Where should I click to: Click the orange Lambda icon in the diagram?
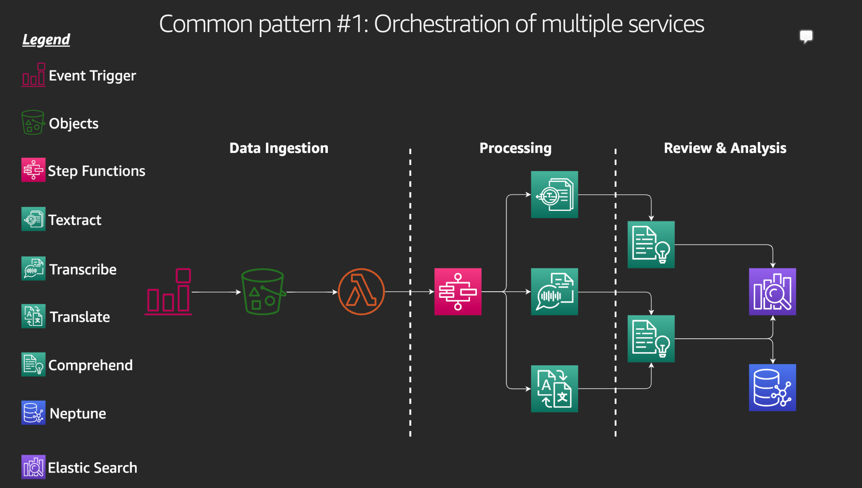[361, 292]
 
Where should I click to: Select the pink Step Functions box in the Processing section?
[458, 292]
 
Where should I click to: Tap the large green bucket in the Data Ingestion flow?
[263, 292]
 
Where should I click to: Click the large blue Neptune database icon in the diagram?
[772, 387]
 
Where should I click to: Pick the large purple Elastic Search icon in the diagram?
[772, 292]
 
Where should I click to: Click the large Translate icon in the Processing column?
[554, 389]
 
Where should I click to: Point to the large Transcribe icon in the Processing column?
[554, 292]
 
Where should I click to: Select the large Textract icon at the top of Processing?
[554, 194]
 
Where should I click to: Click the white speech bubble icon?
[806, 36]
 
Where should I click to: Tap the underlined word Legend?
[46, 40]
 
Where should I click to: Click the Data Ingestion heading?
[279, 148]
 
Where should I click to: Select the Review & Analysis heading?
[725, 148]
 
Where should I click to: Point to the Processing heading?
[516, 148]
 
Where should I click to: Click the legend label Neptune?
[78, 413]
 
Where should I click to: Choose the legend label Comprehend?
[90, 365]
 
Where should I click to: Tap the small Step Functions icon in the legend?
[34, 170]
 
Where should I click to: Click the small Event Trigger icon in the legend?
[34, 75]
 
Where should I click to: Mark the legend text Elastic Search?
[93, 468]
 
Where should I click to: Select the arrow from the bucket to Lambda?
[312, 292]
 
